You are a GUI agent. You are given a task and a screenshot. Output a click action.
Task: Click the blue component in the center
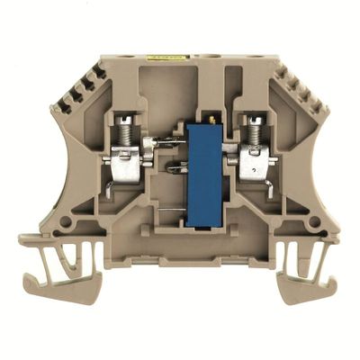click(205, 171)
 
